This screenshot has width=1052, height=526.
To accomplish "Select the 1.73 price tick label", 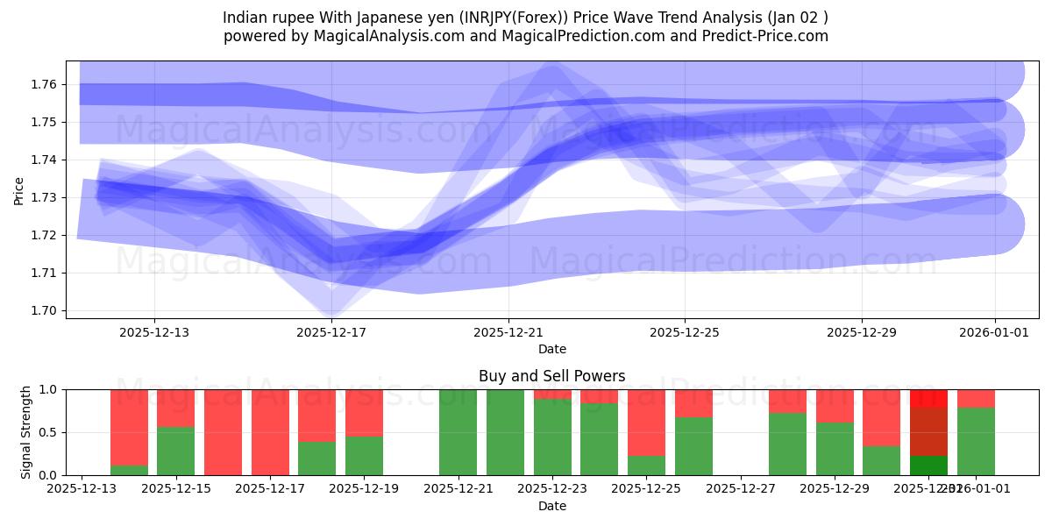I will pyautogui.click(x=44, y=197).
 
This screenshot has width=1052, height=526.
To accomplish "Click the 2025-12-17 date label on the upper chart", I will pyautogui.click(x=331, y=332).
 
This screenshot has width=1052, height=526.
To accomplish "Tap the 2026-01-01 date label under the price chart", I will pyautogui.click(x=994, y=332).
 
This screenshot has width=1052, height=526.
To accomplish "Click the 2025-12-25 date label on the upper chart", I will pyautogui.click(x=685, y=332).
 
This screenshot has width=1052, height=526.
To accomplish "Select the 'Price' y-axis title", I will pyautogui.click(x=19, y=189).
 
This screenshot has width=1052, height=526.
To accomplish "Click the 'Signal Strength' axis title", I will pyautogui.click(x=26, y=431).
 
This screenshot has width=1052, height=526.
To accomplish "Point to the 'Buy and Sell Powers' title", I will pyautogui.click(x=551, y=376).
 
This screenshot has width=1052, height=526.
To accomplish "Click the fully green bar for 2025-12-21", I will pyautogui.click(x=458, y=432).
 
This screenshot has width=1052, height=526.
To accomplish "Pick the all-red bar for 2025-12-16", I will pyautogui.click(x=223, y=432).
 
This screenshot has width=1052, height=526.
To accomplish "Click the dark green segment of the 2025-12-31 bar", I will pyautogui.click(x=928, y=466).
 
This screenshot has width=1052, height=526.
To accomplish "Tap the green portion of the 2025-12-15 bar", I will pyautogui.click(x=175, y=451).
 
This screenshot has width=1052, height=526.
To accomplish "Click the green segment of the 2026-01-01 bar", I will pyautogui.click(x=976, y=442).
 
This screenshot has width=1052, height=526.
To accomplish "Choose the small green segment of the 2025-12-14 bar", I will pyautogui.click(x=129, y=470).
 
